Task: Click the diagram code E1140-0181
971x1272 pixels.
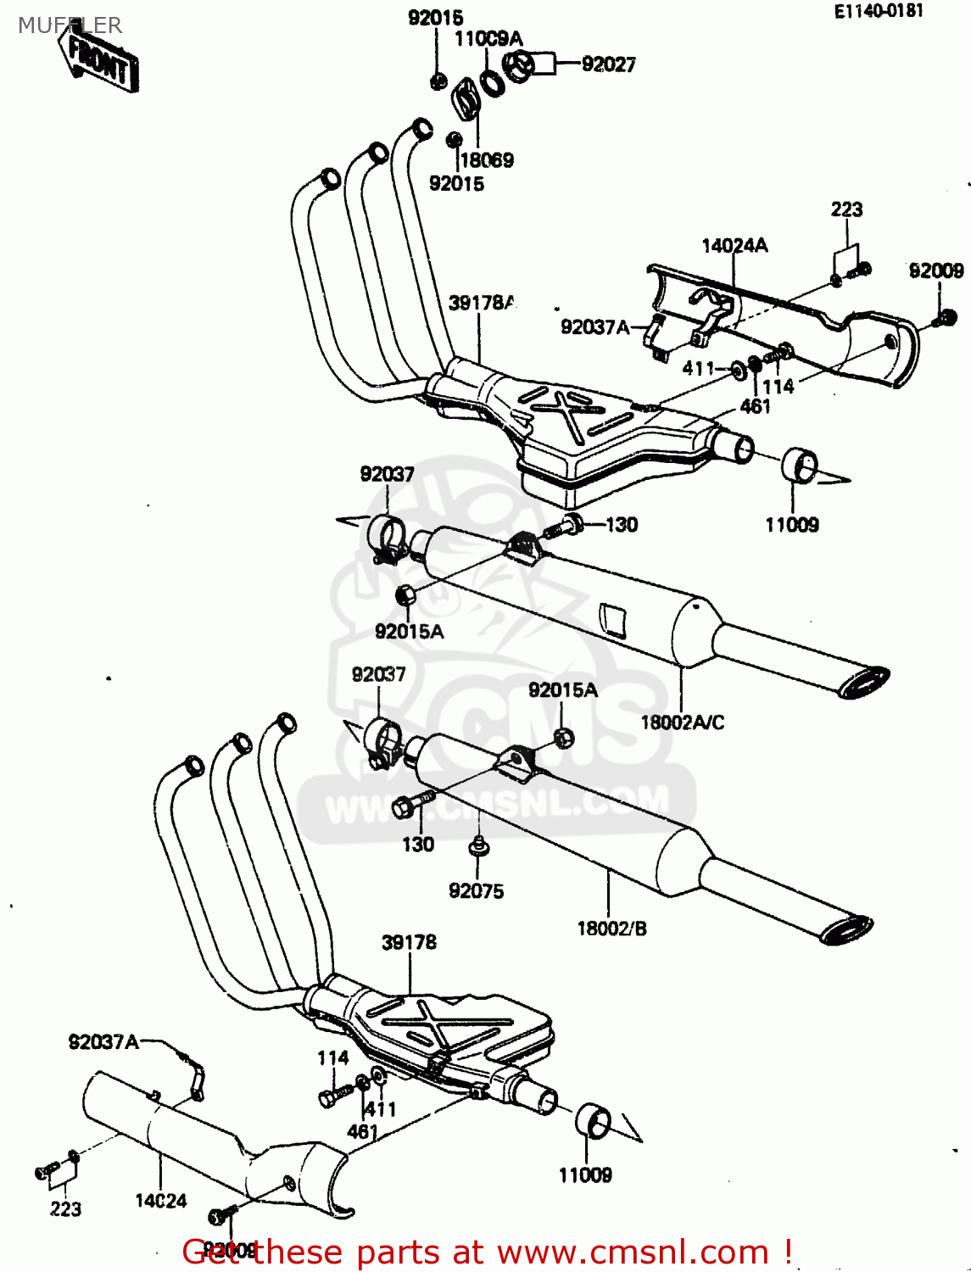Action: click(x=878, y=11)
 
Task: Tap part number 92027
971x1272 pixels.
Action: click(x=608, y=64)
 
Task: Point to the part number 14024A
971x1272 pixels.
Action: click(x=734, y=246)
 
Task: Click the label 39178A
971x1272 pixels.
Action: click(x=481, y=303)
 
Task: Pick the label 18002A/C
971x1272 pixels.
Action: click(x=682, y=722)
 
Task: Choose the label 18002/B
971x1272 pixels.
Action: click(x=611, y=929)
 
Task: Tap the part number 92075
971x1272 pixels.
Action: click(x=476, y=890)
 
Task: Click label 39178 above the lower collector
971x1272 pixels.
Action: click(x=409, y=943)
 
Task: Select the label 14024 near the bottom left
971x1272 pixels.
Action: click(x=160, y=1201)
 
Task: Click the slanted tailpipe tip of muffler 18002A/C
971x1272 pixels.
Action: click(x=864, y=683)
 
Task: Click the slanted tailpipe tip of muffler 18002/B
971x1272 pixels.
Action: click(x=846, y=929)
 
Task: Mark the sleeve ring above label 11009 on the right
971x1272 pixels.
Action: click(x=799, y=466)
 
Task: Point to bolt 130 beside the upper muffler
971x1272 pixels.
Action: click(x=561, y=528)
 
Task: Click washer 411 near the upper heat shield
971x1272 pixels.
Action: click(x=736, y=369)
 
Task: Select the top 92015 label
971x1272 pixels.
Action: click(x=435, y=18)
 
